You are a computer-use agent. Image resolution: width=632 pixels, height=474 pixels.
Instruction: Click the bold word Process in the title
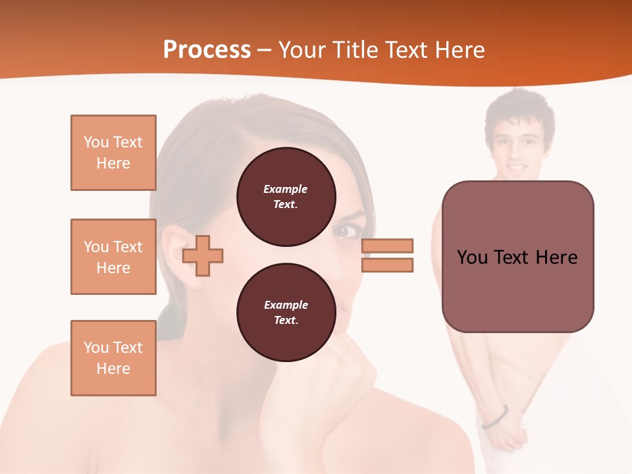207,50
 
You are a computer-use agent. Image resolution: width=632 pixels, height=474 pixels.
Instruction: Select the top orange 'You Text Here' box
113,153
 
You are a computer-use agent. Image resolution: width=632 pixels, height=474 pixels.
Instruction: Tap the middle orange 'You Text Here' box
113,257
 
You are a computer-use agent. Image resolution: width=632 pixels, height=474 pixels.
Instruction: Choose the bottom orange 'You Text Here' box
113,358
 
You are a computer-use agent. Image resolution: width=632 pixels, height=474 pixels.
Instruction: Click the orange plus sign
203,255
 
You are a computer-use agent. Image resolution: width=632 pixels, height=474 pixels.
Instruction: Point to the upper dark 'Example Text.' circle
286,197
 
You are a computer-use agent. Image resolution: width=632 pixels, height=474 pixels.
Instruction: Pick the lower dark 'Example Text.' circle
286,313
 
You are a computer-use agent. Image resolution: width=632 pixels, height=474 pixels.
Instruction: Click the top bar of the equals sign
387,246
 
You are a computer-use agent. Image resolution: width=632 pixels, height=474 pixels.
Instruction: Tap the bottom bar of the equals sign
387,265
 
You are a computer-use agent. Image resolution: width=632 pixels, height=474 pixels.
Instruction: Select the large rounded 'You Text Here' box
517,257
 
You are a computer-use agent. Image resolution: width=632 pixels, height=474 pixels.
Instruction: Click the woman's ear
176,250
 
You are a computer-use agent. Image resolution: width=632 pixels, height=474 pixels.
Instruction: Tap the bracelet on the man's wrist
495,417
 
